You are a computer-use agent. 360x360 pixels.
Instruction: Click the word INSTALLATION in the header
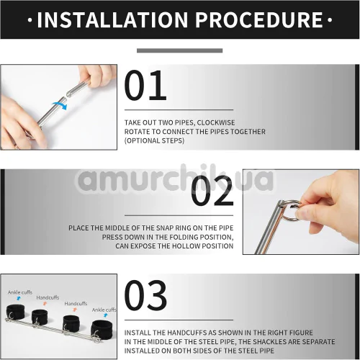(x=112, y=19)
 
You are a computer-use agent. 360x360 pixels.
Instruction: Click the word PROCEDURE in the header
(x=259, y=19)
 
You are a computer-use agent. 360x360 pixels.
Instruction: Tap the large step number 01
(x=145, y=86)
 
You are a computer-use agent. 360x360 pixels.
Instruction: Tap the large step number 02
(x=212, y=192)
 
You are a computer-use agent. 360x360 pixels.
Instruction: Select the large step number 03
(x=145, y=295)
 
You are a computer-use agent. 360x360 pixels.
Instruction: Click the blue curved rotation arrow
(x=60, y=106)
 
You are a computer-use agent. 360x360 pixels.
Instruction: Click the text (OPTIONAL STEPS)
(x=154, y=140)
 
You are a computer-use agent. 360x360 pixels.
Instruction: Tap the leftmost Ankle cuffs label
(x=20, y=292)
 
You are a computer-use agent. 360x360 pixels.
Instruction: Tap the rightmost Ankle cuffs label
(x=104, y=310)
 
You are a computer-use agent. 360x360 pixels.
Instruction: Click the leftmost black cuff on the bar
(x=15, y=312)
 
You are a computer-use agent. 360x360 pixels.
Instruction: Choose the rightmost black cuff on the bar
(x=102, y=329)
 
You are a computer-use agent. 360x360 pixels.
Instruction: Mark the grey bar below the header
(x=179, y=50)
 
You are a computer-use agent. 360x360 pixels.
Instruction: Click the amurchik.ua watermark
(x=175, y=179)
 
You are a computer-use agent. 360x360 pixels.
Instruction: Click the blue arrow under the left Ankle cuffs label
(x=19, y=298)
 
